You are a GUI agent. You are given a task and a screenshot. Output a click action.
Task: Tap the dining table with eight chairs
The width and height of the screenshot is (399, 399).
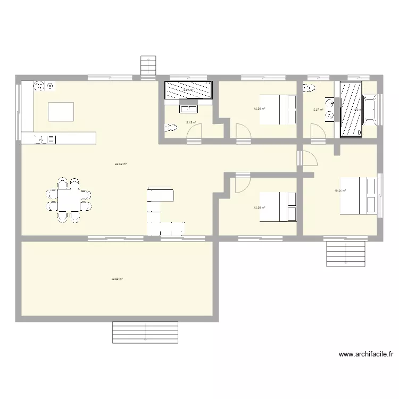pos(69,200)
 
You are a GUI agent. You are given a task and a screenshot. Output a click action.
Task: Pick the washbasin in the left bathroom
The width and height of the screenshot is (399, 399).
pos(188,109)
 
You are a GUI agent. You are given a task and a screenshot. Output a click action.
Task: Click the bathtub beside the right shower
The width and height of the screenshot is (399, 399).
pos(370,109)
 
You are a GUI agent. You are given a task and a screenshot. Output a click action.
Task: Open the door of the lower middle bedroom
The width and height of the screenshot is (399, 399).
pos(241,182)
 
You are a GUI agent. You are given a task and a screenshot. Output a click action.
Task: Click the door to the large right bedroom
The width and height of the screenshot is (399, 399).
pos(307,158)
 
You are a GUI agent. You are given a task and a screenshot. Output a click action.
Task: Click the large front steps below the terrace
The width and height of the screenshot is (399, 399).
pos(145,332)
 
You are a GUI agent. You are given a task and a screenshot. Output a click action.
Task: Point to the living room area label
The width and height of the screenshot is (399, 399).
pos(121,164)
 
